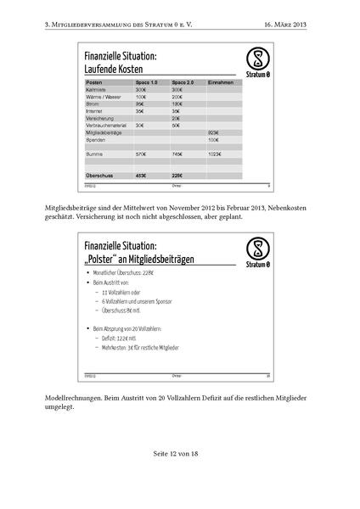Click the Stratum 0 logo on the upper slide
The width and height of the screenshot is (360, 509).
254,59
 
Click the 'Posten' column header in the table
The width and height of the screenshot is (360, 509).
95,82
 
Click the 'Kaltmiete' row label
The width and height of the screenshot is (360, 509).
97,89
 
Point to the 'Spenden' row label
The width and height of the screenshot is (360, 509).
96,139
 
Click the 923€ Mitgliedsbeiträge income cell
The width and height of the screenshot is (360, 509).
213,132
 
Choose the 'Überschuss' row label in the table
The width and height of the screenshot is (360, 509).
100,175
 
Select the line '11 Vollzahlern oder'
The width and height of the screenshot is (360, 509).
127,293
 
